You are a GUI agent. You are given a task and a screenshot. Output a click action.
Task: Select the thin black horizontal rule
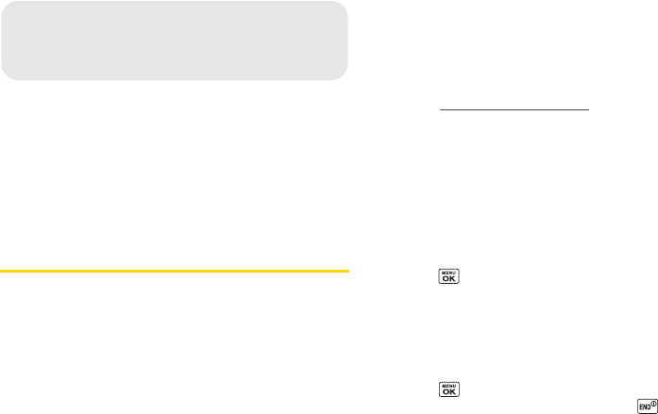point(515,109)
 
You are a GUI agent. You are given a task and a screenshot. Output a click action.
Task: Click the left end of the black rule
point(442,109)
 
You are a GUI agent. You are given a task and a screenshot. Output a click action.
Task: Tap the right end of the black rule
point(587,109)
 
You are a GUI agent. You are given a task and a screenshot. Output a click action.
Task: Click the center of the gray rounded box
point(175,40)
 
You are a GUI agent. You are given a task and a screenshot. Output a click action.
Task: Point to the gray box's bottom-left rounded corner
point(6,75)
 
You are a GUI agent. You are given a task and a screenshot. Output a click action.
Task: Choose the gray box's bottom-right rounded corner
point(344,75)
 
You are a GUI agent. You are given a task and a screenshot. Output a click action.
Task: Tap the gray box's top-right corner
point(345,4)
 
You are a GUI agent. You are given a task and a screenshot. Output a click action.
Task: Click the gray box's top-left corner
point(4,4)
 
